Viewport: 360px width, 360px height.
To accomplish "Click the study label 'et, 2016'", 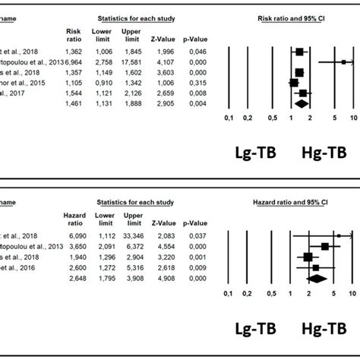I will tap(15, 268).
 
